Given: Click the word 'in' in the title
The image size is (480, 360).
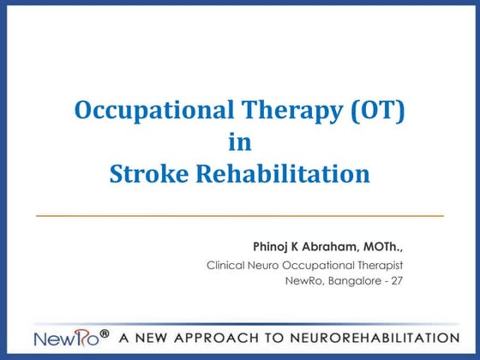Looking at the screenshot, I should (x=240, y=142).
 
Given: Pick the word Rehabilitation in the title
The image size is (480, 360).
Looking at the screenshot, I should (x=286, y=174).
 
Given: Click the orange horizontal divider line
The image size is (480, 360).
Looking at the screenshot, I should (x=240, y=215).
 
